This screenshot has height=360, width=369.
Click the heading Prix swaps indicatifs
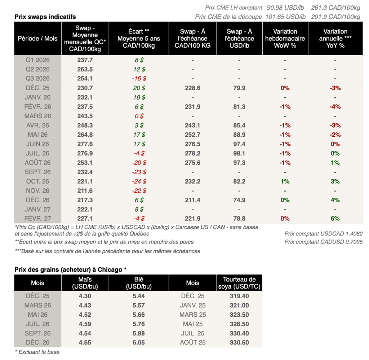click(45, 17)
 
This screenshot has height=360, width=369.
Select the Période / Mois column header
click(37, 39)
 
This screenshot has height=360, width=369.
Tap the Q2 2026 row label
click(37, 69)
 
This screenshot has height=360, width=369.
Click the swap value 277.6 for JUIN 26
click(85, 144)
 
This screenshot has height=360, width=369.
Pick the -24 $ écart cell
click(139, 181)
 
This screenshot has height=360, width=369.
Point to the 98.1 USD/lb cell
click(239, 153)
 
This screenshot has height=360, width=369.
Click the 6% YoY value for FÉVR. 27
click(335, 219)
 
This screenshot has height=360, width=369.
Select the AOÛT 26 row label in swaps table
click(37, 163)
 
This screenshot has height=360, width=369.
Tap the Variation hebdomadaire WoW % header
click(285, 39)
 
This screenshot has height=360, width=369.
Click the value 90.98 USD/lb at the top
click(286, 8)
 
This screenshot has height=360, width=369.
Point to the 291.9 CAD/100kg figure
click(335, 17)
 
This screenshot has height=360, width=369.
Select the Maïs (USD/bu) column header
click(85, 283)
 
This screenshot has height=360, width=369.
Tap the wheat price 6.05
click(139, 342)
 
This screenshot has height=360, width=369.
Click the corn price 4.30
click(85, 296)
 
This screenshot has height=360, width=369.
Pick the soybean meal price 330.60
click(239, 342)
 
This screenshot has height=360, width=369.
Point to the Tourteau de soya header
click(239, 283)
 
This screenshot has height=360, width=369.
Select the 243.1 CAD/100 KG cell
click(192, 125)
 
